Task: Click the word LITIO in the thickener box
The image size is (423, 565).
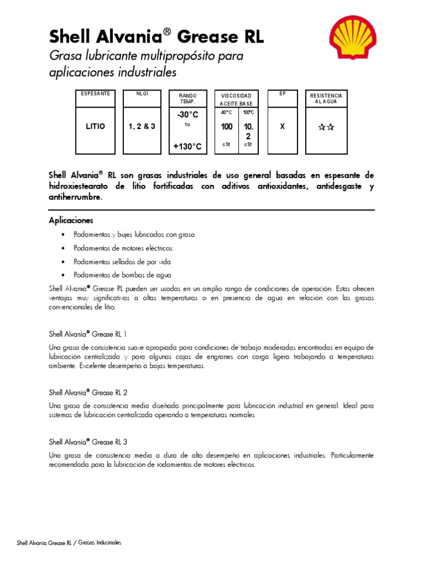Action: coord(95,126)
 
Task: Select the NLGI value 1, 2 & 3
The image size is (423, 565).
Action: coord(142,126)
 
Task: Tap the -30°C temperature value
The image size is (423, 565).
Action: coord(188,115)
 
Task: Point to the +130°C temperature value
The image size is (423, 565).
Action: coord(188,146)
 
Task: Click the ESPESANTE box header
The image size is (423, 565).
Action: coord(95,94)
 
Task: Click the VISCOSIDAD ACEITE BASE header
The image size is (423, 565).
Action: coord(236,99)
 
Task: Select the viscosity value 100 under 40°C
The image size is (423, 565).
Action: coord(226,127)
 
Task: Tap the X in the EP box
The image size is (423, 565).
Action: coord(283,126)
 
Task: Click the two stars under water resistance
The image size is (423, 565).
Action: coord(326,127)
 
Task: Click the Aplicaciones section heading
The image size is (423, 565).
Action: coord(71,220)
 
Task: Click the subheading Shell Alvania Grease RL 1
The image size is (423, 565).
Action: coord(88,334)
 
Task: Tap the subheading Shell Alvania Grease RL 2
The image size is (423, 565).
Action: coord(88,392)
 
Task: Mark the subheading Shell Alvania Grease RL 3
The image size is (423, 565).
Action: coord(88,442)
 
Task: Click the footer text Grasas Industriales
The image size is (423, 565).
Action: coord(100,542)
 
